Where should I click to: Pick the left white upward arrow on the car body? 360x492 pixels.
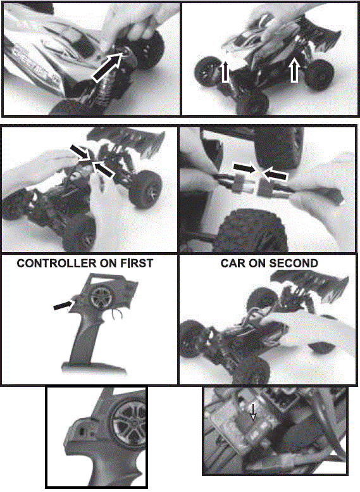[x=225, y=71]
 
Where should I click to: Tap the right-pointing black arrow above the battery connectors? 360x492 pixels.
[x=245, y=168]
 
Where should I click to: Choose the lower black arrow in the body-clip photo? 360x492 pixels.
[x=105, y=171]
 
